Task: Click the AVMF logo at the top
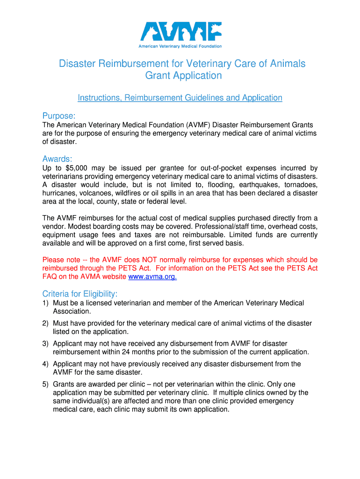point(180,31)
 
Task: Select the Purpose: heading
point(59,116)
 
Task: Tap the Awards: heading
point(58,159)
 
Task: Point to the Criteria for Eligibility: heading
point(80,294)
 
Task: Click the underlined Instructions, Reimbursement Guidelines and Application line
point(180,98)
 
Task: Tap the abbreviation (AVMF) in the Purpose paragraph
point(204,125)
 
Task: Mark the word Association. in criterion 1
point(72,311)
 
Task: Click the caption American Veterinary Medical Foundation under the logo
point(180,46)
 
